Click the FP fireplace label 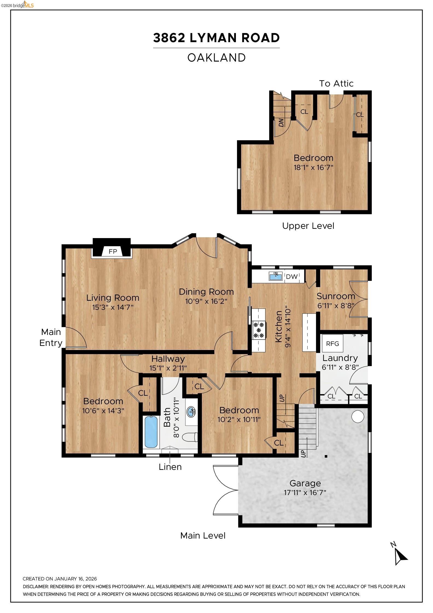(113, 251)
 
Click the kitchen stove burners (259, 330)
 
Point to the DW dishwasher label (291, 276)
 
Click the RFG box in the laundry (332, 343)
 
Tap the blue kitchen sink (275, 276)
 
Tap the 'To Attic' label (336, 83)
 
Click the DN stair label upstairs (281, 122)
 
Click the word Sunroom (336, 296)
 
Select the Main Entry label (51, 337)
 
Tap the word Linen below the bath (170, 467)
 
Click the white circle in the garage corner (358, 417)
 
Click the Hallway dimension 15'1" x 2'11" (168, 368)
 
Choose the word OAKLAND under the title (216, 58)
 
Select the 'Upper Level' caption (308, 226)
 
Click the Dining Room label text (206, 292)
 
